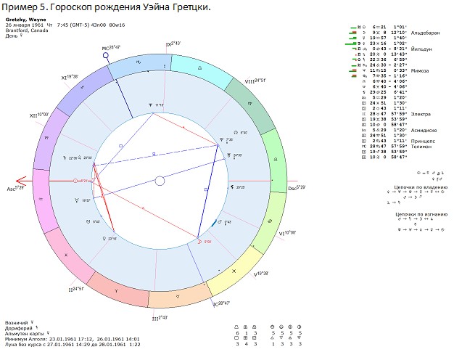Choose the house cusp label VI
tap(286, 234)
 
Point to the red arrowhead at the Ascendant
tap(20, 181)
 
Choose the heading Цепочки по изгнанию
tap(417, 214)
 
